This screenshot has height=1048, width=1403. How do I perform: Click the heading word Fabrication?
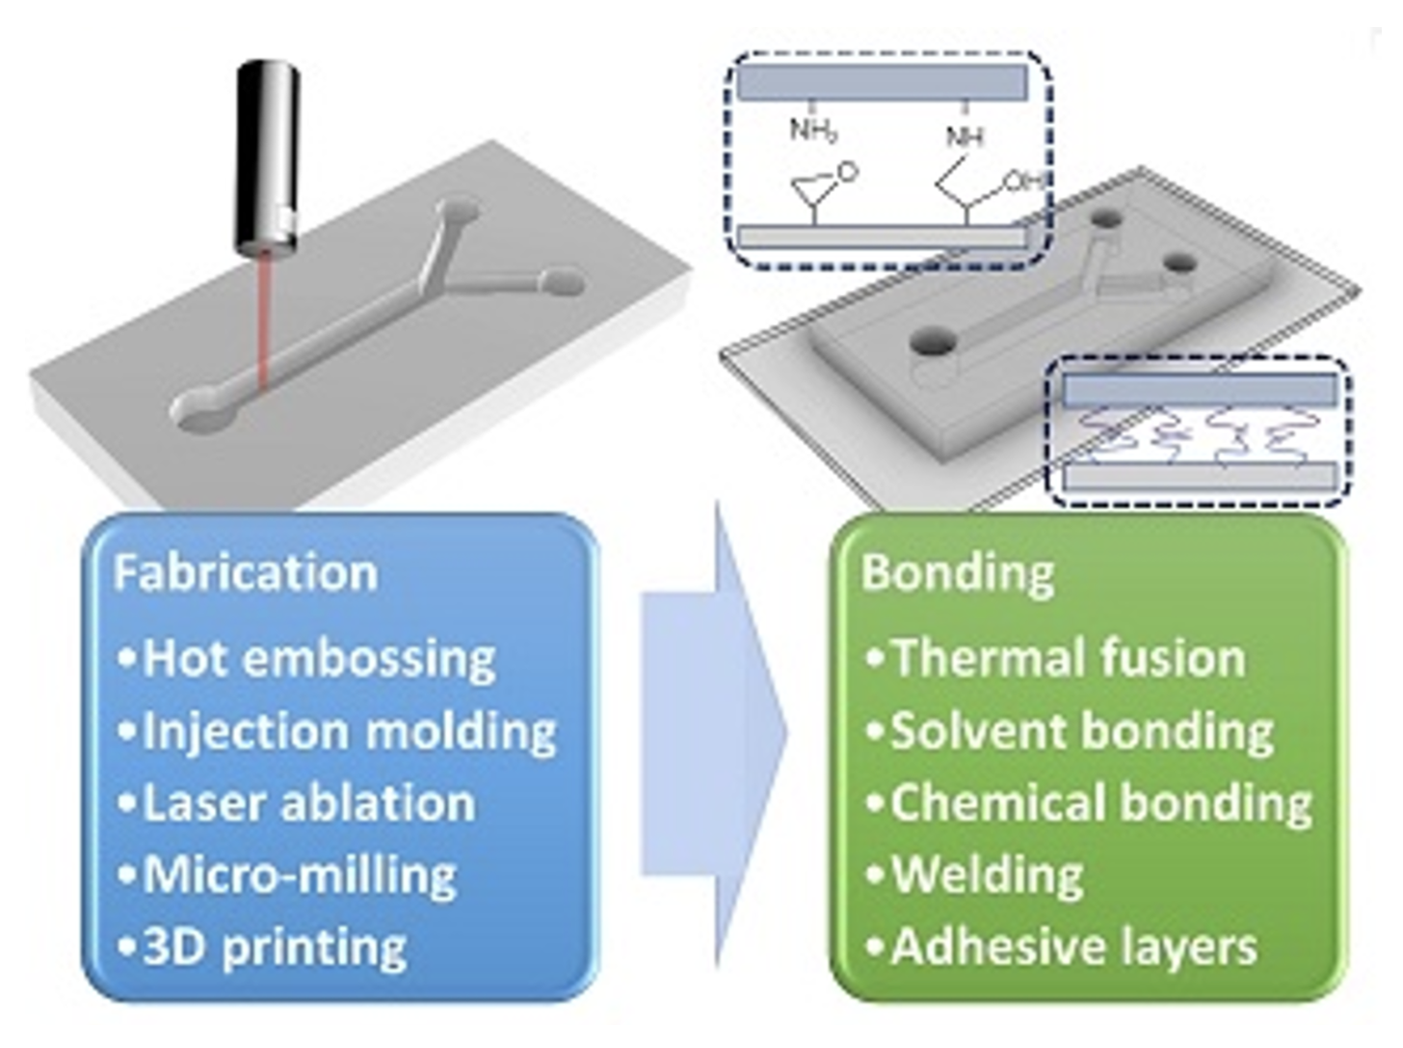(246, 572)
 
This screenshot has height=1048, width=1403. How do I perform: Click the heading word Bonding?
(958, 572)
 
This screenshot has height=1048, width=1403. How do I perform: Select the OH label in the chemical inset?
(1021, 181)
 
